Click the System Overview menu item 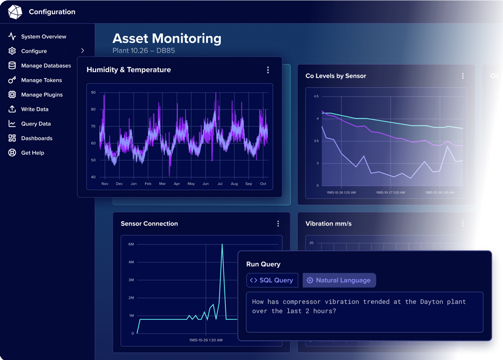pyautogui.click(x=43, y=37)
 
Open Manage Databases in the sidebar pyautogui.click(x=46, y=66)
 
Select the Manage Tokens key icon pyautogui.click(x=12, y=80)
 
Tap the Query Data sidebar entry pyautogui.click(x=36, y=124)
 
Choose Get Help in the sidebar pyautogui.click(x=32, y=153)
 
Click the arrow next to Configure pyautogui.click(x=82, y=51)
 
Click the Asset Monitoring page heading pyautogui.click(x=166, y=39)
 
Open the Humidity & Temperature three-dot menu pyautogui.click(x=268, y=70)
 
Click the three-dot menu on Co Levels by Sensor pyautogui.click(x=463, y=76)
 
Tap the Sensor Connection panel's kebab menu pyautogui.click(x=278, y=224)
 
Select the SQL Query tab pyautogui.click(x=272, y=280)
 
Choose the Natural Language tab pyautogui.click(x=339, y=280)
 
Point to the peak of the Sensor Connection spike pyautogui.click(x=222, y=245)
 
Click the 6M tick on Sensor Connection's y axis pyautogui.click(x=131, y=244)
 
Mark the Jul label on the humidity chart pyautogui.click(x=220, y=184)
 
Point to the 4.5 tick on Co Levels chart pyautogui.click(x=316, y=96)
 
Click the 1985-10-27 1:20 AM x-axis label pyautogui.click(x=390, y=192)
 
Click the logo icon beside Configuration pyautogui.click(x=15, y=12)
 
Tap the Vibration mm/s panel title pyautogui.click(x=328, y=224)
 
